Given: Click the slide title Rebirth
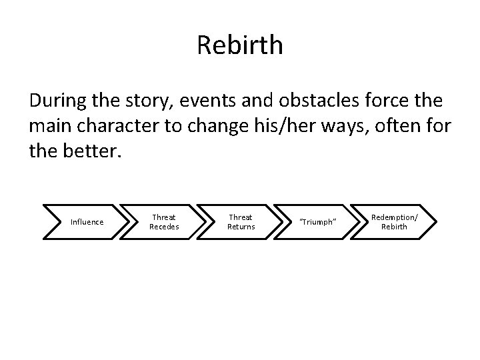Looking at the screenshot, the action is [240, 45].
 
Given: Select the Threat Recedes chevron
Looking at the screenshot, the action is [163, 222].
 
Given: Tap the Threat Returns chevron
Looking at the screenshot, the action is [241, 222].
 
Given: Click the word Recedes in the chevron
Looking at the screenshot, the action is [163, 227].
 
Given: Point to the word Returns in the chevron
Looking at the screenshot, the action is [241, 227].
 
